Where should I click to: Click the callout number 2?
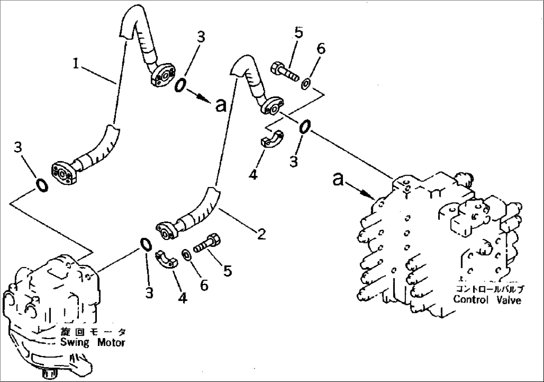[262, 233]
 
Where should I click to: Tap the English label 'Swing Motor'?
[93, 342]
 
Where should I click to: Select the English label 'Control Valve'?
[487, 299]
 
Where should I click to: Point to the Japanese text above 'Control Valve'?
[489, 289]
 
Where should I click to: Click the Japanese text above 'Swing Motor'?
[93, 332]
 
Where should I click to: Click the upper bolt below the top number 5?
[284, 70]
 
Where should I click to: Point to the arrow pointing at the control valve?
[359, 189]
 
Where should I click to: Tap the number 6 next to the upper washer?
[321, 48]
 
